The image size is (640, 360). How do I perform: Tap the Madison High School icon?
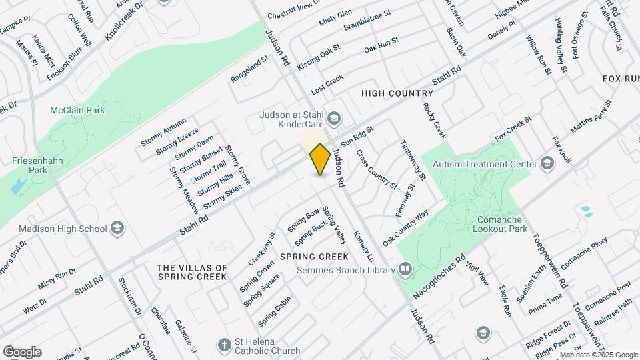117,229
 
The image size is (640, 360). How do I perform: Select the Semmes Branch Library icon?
405,269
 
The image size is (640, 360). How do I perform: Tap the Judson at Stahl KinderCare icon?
334,119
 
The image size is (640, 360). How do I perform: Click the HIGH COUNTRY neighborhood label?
397,93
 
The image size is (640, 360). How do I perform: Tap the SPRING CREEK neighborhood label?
314,257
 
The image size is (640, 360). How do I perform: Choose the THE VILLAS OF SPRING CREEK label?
192,272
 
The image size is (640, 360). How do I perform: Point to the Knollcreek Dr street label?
125,21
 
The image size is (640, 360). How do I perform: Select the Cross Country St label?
376,169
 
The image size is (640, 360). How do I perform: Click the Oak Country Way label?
405,228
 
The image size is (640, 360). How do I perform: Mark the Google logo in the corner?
22,352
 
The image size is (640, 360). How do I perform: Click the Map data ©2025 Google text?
599,355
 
